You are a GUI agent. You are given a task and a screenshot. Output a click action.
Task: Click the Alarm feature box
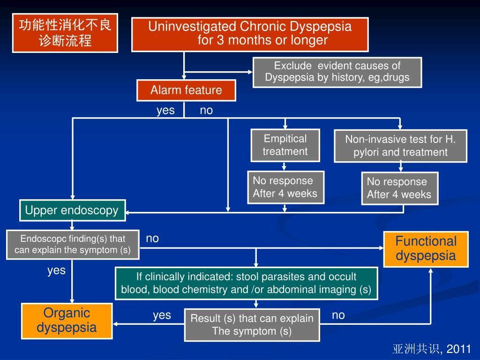(x=186, y=90)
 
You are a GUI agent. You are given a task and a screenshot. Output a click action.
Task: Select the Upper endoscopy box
(x=72, y=210)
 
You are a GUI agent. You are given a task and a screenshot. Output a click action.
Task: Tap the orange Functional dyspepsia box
(x=426, y=249)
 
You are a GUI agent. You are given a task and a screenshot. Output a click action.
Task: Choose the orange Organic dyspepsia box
(x=67, y=321)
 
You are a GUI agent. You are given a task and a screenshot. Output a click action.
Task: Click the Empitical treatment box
(x=285, y=145)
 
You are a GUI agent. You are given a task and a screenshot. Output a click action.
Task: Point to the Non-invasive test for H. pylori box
(x=400, y=146)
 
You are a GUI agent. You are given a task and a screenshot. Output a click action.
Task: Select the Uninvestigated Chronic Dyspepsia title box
(x=250, y=34)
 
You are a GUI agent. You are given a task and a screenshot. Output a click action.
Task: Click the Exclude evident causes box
(x=337, y=72)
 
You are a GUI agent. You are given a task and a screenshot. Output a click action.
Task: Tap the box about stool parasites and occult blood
(x=246, y=283)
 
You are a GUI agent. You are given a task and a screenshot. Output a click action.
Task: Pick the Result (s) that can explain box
(x=252, y=325)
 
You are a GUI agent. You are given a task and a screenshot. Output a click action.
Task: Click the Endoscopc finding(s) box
(x=73, y=244)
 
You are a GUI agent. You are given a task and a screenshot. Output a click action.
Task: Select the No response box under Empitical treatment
(x=285, y=187)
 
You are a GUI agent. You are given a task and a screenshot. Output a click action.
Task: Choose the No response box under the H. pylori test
(x=399, y=188)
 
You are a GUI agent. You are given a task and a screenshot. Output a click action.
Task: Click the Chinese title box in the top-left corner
(x=65, y=33)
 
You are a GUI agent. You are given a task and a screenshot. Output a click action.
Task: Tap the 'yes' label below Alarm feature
(x=165, y=110)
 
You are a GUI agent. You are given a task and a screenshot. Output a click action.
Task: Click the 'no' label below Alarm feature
(x=206, y=110)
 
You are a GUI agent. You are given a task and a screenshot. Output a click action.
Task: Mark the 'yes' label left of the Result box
(x=162, y=315)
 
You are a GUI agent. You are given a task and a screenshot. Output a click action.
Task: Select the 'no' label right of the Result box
(x=338, y=315)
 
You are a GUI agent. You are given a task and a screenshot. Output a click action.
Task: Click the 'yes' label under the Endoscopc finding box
(x=56, y=270)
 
